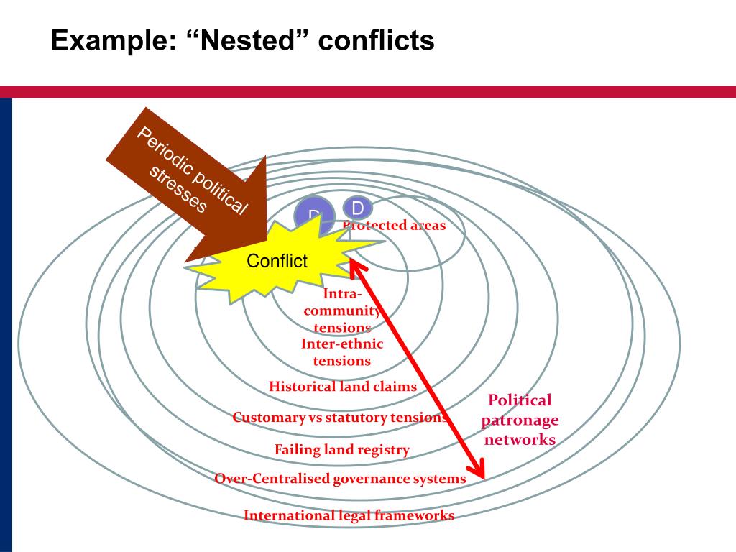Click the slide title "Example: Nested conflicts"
[242, 40]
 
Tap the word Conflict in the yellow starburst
[277, 261]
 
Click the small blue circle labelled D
[357, 208]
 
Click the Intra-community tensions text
[342, 310]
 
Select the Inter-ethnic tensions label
[342, 352]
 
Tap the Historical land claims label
[343, 387]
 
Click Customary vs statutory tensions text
[340, 418]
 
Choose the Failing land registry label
[342, 450]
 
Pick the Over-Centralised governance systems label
[340, 479]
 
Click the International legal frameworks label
[349, 515]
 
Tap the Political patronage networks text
[520, 420]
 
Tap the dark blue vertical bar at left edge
[6, 323]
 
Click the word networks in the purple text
[520, 439]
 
